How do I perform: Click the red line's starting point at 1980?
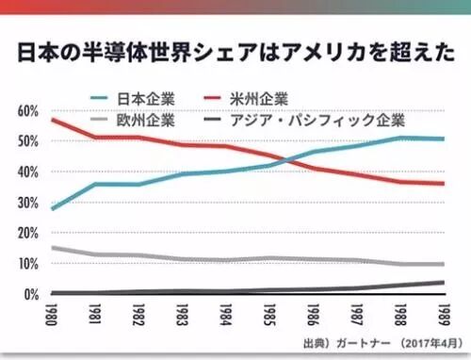[53, 120]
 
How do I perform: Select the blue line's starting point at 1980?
[53, 208]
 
